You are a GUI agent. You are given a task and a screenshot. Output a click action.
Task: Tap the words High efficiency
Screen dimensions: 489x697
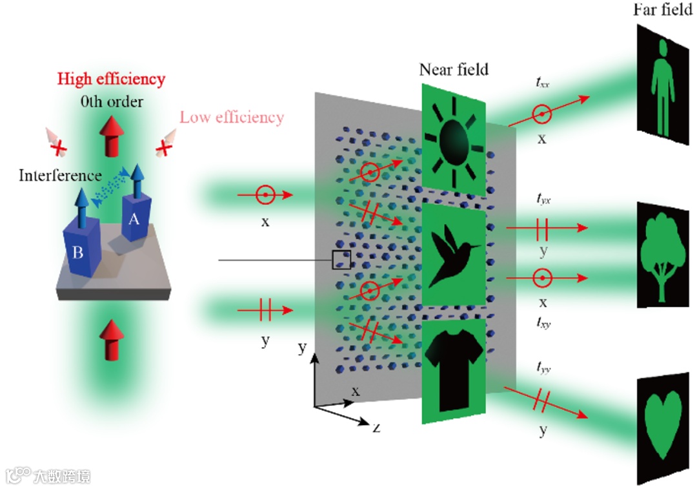pos(111,79)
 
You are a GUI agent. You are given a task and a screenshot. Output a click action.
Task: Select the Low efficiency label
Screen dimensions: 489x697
pos(232,118)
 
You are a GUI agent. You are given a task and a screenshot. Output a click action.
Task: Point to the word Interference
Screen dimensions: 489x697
pos(60,175)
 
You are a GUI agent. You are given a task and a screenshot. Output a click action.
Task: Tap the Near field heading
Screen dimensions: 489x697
pos(454,69)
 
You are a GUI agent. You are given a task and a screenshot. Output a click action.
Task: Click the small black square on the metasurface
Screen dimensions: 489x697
pos(341,260)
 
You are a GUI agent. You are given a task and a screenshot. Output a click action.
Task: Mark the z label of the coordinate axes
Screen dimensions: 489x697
pos(374,426)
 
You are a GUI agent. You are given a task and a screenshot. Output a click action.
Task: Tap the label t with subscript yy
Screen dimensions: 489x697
pos(542,369)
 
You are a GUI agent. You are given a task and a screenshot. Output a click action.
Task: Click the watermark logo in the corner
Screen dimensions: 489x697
pos(48,476)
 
